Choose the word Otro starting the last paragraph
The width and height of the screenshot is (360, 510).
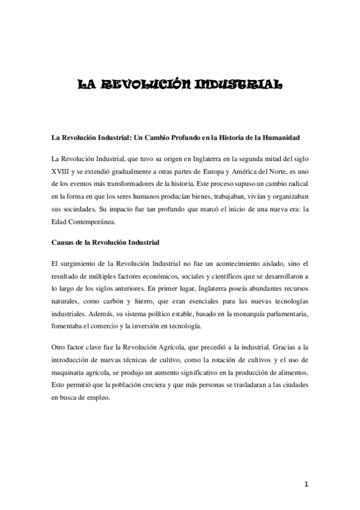pyautogui.click(x=61, y=348)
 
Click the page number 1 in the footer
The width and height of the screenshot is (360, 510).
pyautogui.click(x=307, y=484)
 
